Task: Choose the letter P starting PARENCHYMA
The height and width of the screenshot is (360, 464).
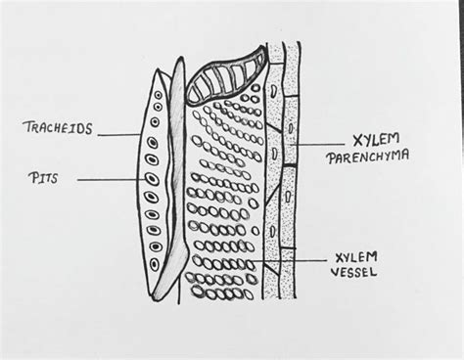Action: point(330,156)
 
